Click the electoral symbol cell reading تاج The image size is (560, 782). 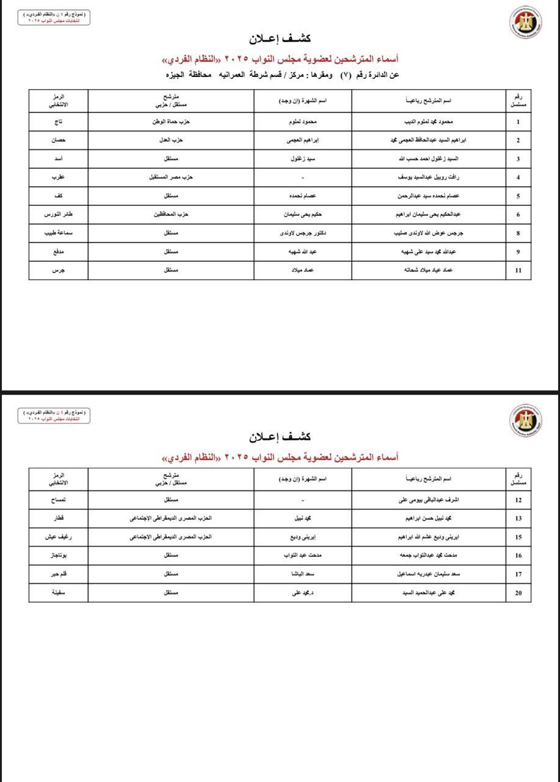click(58, 122)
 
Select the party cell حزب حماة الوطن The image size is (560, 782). click(171, 122)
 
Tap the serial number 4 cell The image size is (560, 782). click(518, 178)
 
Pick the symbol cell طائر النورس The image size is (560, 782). click(58, 214)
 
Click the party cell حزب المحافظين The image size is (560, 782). click(171, 214)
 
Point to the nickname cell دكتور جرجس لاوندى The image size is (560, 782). click(303, 233)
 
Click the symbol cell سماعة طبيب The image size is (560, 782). click(58, 233)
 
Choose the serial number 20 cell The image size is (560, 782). click(518, 592)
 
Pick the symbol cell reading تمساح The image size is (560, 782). click(58, 500)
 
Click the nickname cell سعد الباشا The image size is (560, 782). click(303, 574)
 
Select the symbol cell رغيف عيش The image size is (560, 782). click(58, 537)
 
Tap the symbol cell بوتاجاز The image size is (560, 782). click(58, 555)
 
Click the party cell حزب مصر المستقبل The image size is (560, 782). click(171, 178)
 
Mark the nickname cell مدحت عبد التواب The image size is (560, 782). click(303, 555)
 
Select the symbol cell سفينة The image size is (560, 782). click(58, 592)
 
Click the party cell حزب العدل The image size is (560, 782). click(171, 141)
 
